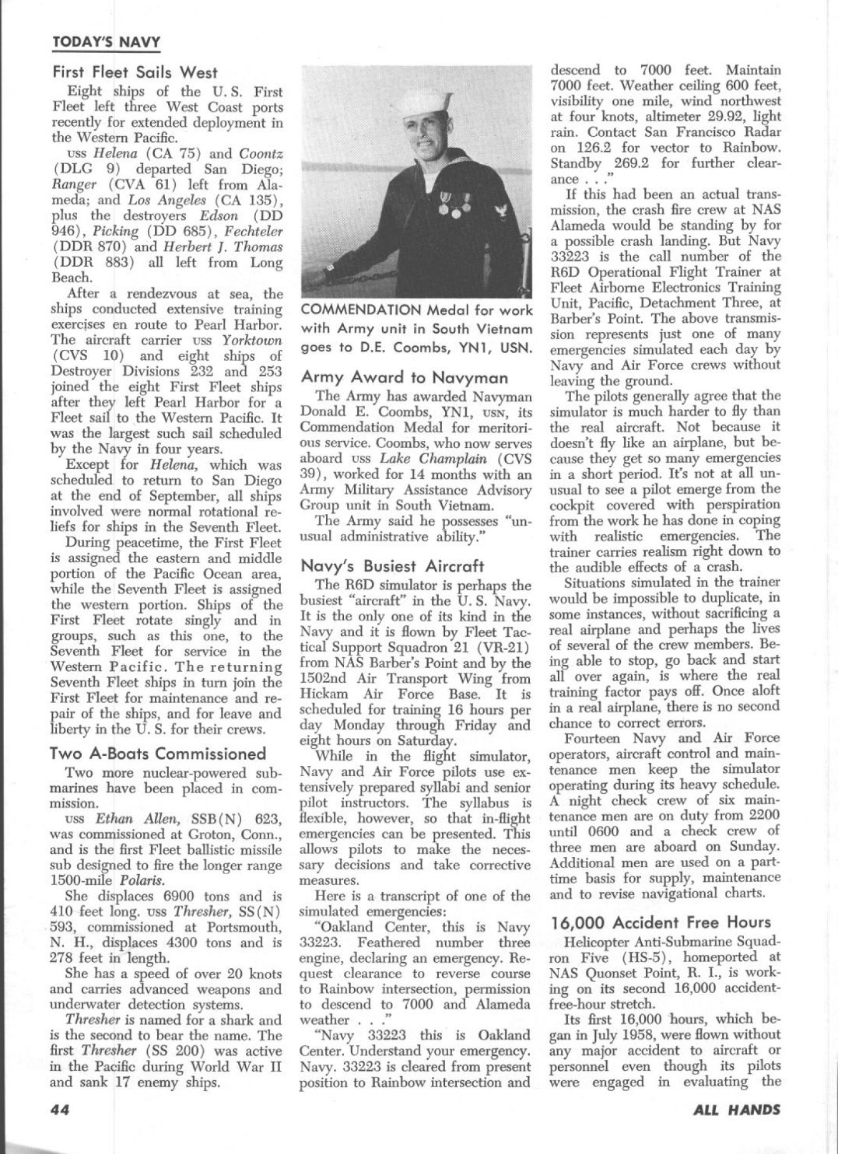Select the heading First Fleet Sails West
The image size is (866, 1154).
[x=135, y=72]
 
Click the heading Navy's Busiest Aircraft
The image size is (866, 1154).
[x=392, y=566]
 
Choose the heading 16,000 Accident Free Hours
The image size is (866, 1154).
[x=661, y=922]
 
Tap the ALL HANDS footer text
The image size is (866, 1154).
[x=736, y=1110]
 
